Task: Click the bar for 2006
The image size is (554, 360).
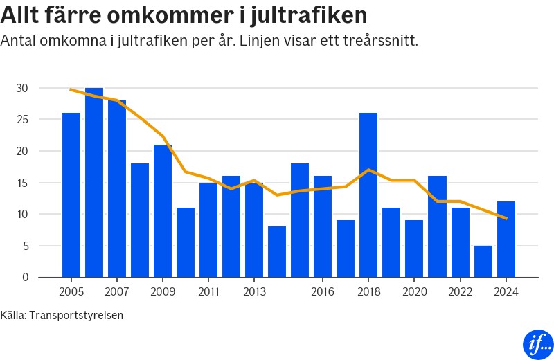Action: pyautogui.click(x=94, y=183)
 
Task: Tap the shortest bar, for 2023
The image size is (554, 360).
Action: pyautogui.click(x=483, y=262)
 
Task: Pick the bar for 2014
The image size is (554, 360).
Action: pyautogui.click(x=277, y=252)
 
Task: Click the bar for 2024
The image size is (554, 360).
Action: pyautogui.click(x=506, y=240)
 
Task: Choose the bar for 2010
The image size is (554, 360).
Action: pyautogui.click(x=186, y=242)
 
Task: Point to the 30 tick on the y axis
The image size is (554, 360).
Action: pyautogui.click(x=22, y=88)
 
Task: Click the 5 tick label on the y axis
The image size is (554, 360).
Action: pyautogui.click(x=25, y=246)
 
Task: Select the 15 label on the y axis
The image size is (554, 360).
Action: pyautogui.click(x=22, y=183)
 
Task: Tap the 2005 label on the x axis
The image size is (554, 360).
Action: pyautogui.click(x=71, y=291)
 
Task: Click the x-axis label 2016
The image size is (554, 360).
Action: pyautogui.click(x=323, y=291)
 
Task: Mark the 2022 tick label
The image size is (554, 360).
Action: pyautogui.click(x=461, y=291)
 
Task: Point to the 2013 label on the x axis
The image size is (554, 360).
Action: pyautogui.click(x=254, y=291)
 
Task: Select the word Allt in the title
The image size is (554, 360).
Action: pyautogui.click(x=23, y=14)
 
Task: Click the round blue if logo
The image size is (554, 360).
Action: pyautogui.click(x=537, y=343)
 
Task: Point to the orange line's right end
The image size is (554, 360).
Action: pyautogui.click(x=506, y=219)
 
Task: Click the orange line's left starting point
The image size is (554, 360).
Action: pyautogui.click(x=71, y=89)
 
